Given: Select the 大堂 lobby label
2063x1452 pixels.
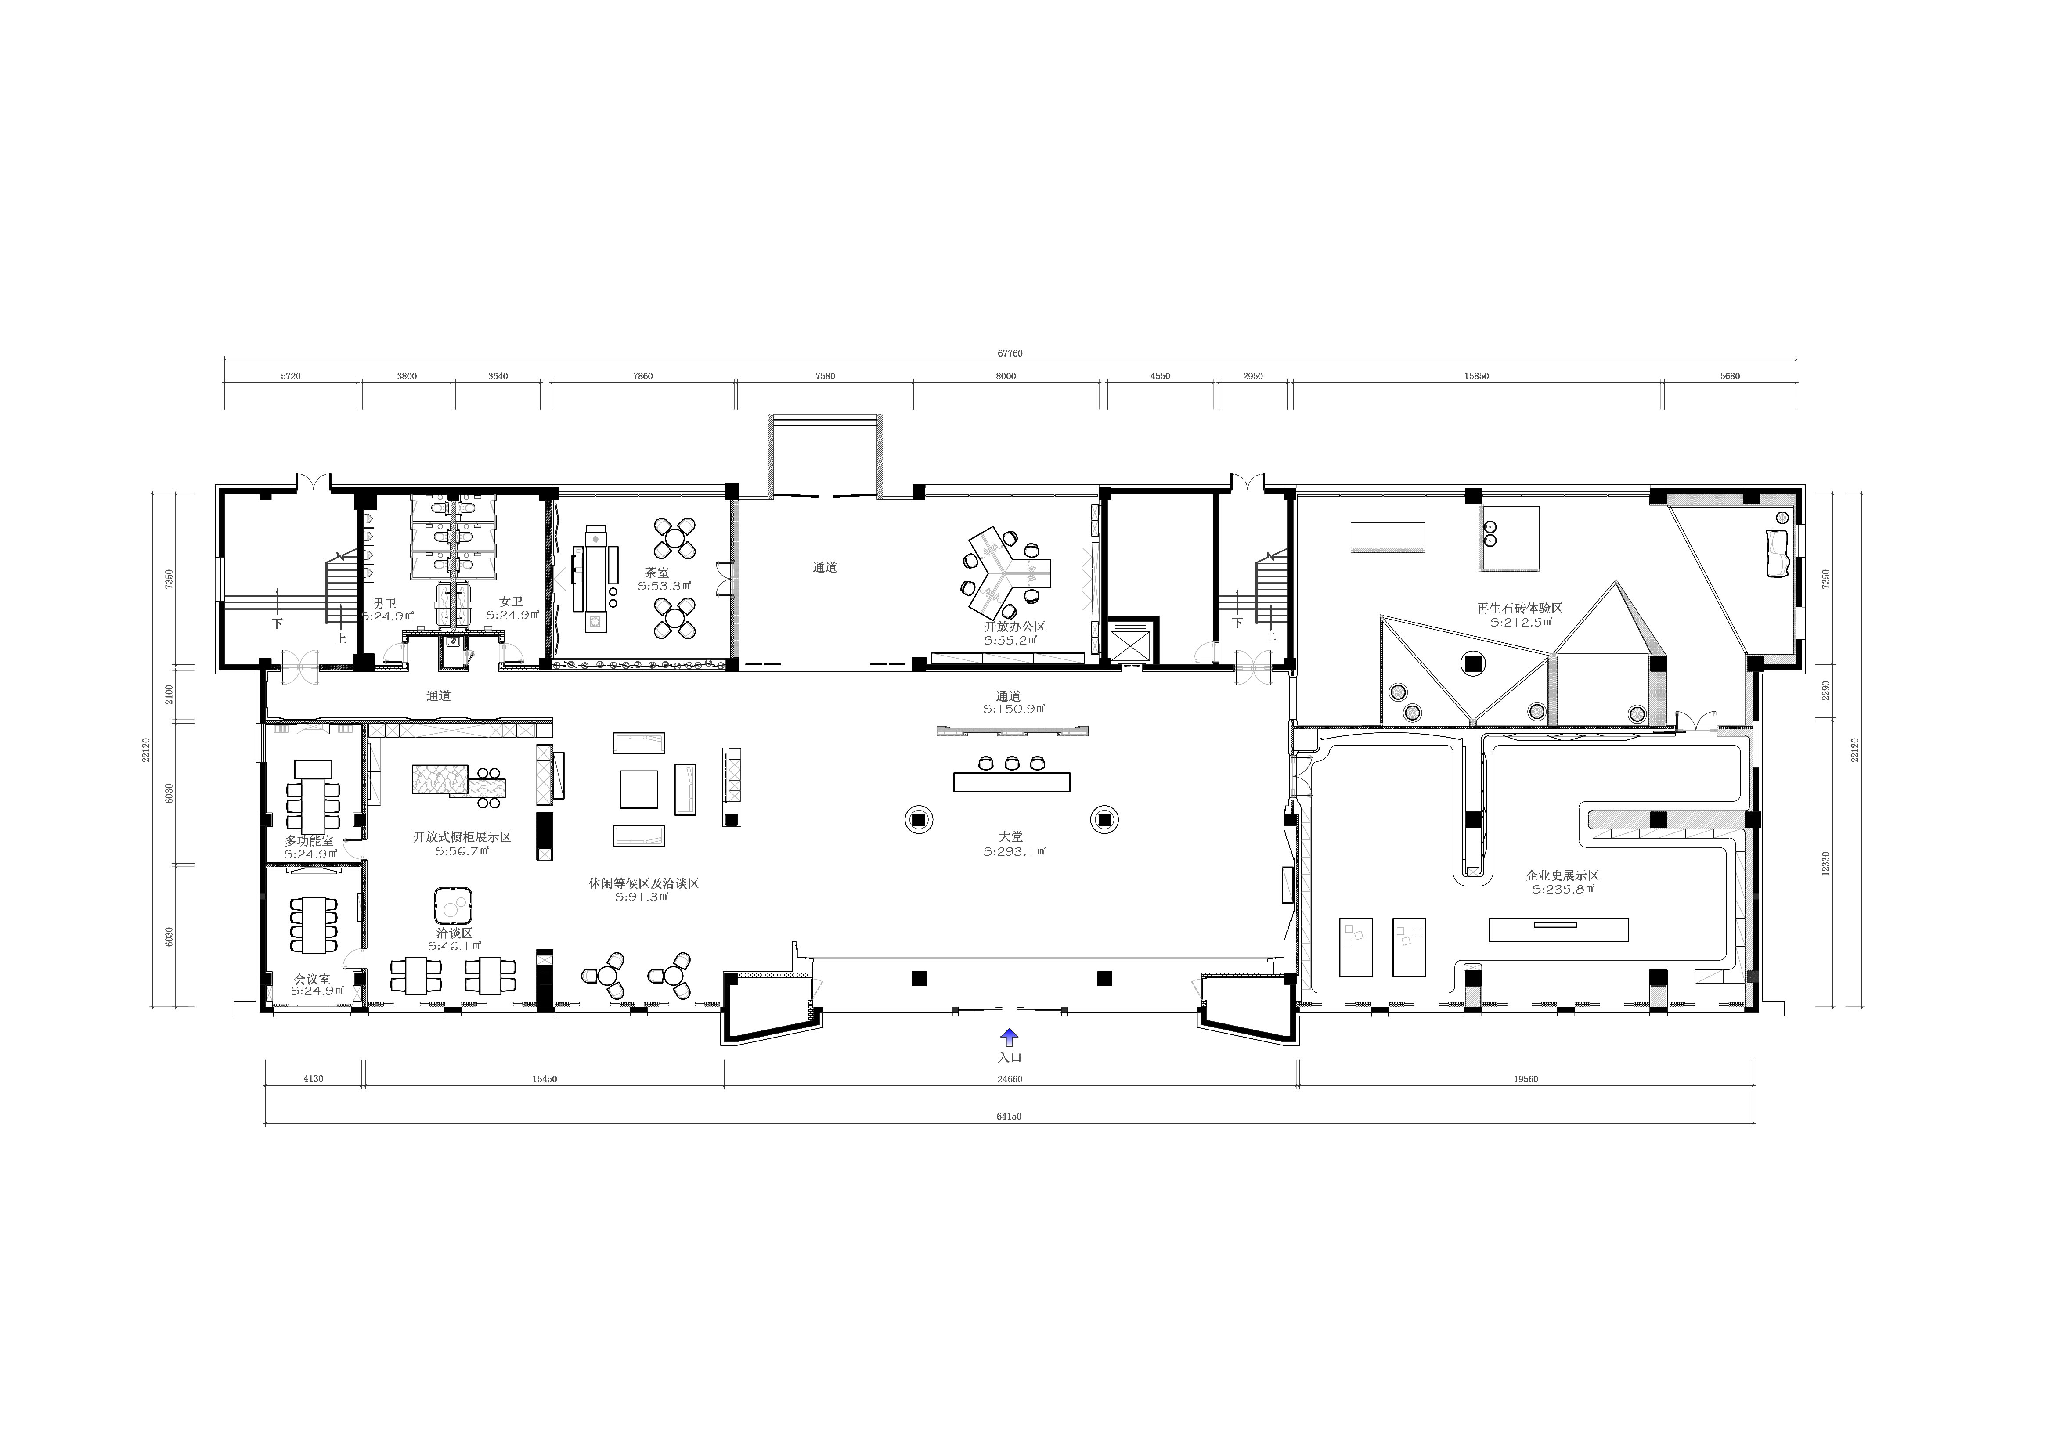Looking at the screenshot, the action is [x=1011, y=836].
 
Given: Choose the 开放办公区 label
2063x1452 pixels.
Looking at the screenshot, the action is [x=1015, y=626].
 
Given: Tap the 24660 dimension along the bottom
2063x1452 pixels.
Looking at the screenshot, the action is [x=1010, y=1079].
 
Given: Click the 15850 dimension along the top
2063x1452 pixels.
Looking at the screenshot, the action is [x=1476, y=376].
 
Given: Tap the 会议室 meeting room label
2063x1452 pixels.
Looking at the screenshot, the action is [x=312, y=979].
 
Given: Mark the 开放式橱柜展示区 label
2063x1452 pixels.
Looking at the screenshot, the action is [x=462, y=836].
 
